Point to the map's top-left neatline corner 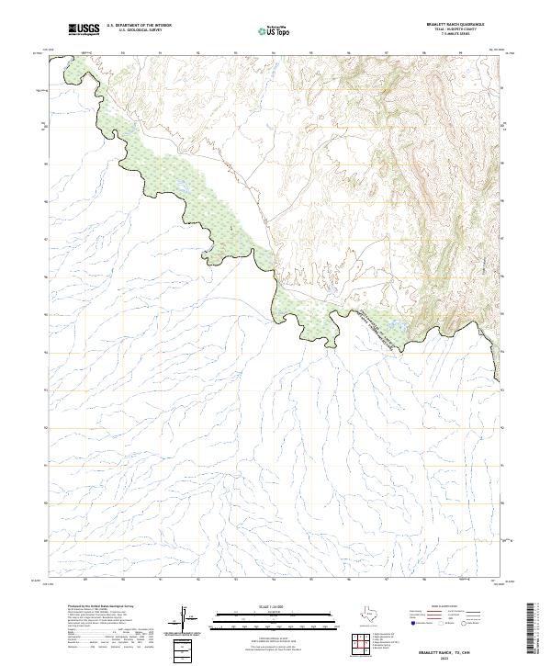coord(49,54)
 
